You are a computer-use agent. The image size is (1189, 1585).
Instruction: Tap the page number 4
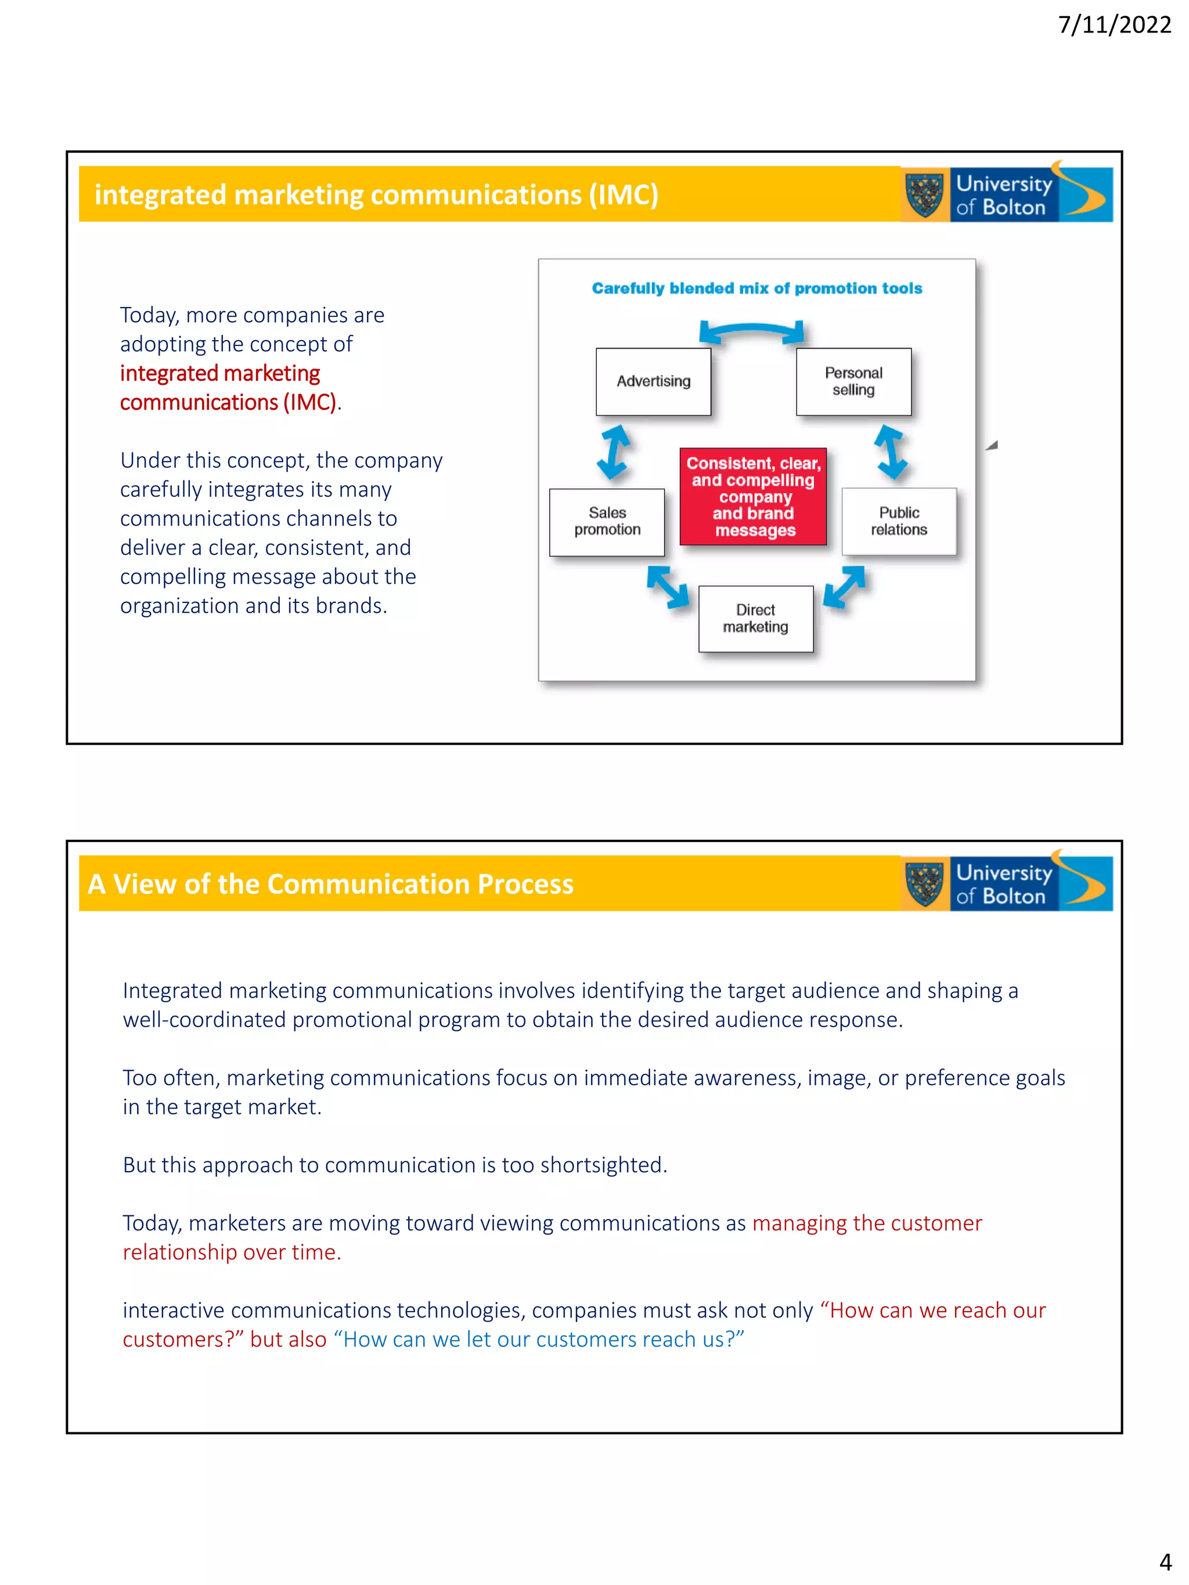(1165, 1561)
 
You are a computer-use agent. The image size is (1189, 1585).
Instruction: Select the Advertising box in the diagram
(653, 381)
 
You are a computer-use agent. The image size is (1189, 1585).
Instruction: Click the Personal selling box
(853, 381)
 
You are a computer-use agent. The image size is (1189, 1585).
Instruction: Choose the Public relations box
(899, 522)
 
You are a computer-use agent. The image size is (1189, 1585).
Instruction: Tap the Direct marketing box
(755, 618)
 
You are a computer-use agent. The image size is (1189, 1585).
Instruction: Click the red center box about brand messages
(752, 497)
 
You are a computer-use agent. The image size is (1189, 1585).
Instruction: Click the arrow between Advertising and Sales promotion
(614, 452)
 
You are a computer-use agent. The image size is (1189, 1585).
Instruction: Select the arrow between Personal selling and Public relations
(890, 452)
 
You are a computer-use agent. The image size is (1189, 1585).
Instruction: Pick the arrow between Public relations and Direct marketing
(844, 586)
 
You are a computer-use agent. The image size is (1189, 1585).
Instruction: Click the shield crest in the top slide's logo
(924, 195)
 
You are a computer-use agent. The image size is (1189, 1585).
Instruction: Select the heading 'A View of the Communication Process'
(330, 884)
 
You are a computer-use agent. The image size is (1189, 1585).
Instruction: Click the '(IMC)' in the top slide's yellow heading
(624, 195)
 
